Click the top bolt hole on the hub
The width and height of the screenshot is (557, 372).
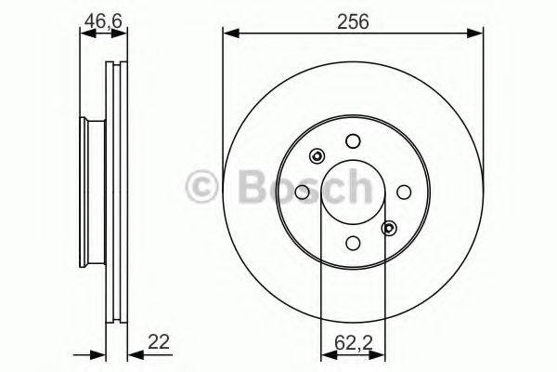[x=352, y=140]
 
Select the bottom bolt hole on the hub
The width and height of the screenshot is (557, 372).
[x=352, y=243]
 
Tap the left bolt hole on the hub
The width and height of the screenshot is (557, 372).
[x=302, y=192]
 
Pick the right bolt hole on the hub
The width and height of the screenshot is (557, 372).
[x=403, y=192]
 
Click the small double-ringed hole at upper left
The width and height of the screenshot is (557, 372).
[x=316, y=155]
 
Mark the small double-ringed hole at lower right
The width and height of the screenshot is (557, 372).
[x=389, y=228]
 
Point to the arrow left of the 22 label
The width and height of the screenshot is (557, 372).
[x=96, y=354]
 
